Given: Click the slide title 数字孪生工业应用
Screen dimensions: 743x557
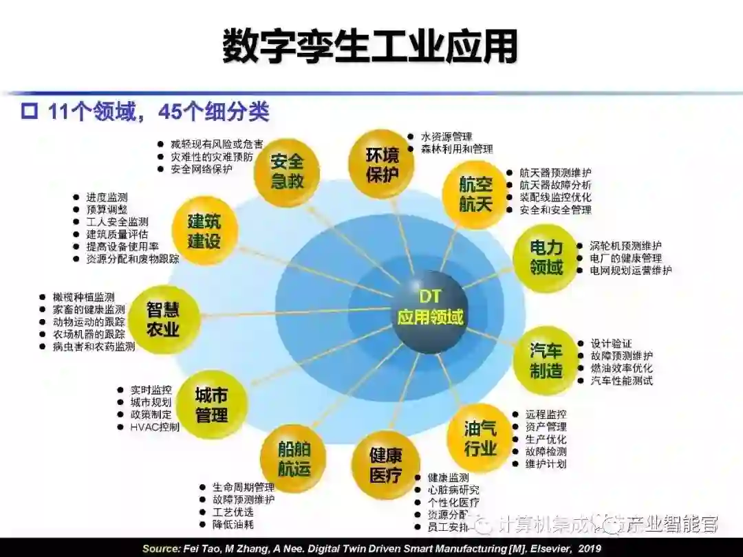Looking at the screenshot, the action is pyautogui.click(x=370, y=46).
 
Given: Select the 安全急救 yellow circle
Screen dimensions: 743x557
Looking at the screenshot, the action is pyautogui.click(x=286, y=172).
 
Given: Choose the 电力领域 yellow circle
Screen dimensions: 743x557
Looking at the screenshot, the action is pyautogui.click(x=546, y=257).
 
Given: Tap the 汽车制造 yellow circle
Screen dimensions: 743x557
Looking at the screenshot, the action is pyautogui.click(x=546, y=360).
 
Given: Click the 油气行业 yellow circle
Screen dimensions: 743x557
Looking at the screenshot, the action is pyautogui.click(x=480, y=438).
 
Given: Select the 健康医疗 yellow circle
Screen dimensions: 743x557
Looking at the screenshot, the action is pyautogui.click(x=385, y=464).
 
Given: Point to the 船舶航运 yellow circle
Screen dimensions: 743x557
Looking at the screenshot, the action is pyautogui.click(x=294, y=459).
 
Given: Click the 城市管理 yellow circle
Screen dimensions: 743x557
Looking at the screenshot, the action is pyautogui.click(x=211, y=405).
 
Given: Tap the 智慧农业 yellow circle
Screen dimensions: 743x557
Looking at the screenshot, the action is pyautogui.click(x=163, y=320).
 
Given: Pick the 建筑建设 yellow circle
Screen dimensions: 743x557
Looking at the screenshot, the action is pyautogui.click(x=204, y=231).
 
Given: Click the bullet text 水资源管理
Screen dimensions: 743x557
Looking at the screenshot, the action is pyautogui.click(x=446, y=137).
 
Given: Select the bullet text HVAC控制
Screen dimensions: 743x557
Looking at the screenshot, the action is pyautogui.click(x=155, y=427).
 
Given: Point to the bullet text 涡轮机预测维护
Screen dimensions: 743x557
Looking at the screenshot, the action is pyautogui.click(x=625, y=245).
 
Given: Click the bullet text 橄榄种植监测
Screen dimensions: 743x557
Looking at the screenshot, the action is pyautogui.click(x=83, y=297).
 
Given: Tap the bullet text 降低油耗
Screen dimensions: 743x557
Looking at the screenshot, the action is pyautogui.click(x=233, y=525).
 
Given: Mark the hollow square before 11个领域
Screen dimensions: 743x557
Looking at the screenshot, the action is pyautogui.click(x=29, y=111).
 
